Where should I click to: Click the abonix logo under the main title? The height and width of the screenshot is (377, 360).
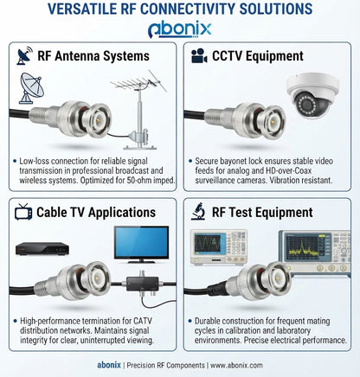click(x=180, y=29)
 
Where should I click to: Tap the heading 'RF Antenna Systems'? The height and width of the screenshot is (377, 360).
click(x=93, y=56)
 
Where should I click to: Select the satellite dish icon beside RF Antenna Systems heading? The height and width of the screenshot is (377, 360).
click(x=25, y=55)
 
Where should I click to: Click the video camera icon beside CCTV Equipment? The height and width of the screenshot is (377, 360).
click(x=199, y=55)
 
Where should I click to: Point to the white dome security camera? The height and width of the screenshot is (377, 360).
click(x=312, y=95)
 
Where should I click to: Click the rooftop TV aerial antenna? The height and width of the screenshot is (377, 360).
click(x=138, y=110)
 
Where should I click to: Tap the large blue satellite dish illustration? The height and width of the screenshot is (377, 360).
click(x=31, y=88)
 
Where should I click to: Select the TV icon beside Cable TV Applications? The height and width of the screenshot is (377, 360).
click(x=23, y=212)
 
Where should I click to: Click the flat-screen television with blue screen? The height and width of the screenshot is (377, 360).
click(x=141, y=245)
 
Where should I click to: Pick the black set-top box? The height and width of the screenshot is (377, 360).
click(x=42, y=249)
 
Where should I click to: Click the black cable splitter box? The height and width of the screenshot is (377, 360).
click(x=143, y=284)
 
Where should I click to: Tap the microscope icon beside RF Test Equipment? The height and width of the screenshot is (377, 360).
click(x=198, y=212)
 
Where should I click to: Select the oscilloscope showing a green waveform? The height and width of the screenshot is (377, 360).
click(x=219, y=247)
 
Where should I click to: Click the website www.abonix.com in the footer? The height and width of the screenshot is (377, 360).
click(x=236, y=366)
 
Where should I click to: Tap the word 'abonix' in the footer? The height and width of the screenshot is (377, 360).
click(x=109, y=365)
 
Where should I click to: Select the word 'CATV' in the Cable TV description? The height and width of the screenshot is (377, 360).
click(x=143, y=321)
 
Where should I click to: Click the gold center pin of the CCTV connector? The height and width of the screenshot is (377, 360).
click(x=273, y=122)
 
